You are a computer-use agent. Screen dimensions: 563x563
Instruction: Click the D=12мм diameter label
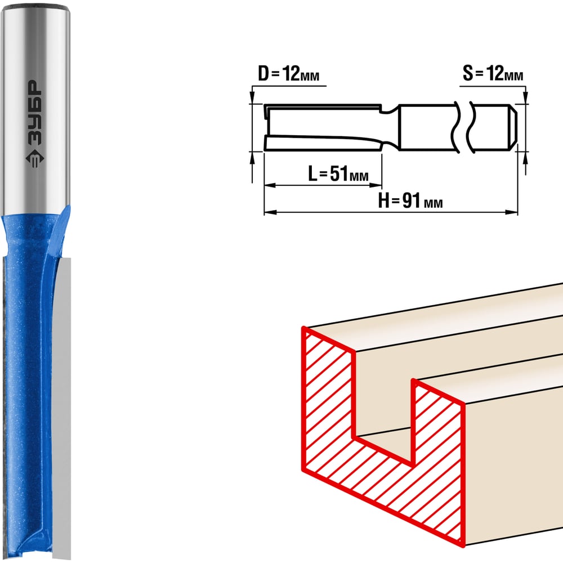coord(288,74)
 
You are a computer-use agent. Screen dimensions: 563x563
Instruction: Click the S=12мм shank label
coord(493,73)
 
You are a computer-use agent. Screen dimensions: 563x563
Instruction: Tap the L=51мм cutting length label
coord(338,173)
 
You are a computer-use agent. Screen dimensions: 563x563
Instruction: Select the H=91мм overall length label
coord(410,200)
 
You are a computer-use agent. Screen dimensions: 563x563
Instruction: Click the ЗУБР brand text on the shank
coord(35,113)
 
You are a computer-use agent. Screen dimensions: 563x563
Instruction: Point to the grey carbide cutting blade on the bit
coord(62,406)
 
